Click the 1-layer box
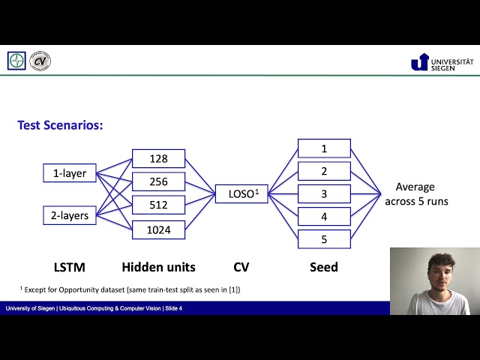pos(70,173)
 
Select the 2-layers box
pos(70,216)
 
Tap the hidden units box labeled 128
pos(158,159)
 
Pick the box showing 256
pos(158,182)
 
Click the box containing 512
pos(158,205)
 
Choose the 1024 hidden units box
pos(158,229)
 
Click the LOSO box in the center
pos(241,194)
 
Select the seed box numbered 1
pos(324,148)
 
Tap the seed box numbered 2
pos(324,171)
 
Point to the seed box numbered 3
pos(324,194)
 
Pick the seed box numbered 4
pos(324,217)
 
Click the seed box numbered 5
pos(324,239)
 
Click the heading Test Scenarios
pos(60,125)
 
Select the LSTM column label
pos(69,267)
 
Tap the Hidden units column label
pos(158,267)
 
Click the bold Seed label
pos(324,267)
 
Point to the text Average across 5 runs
pos(415,194)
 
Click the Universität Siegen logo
pos(442,61)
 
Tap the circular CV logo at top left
pos(40,61)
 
